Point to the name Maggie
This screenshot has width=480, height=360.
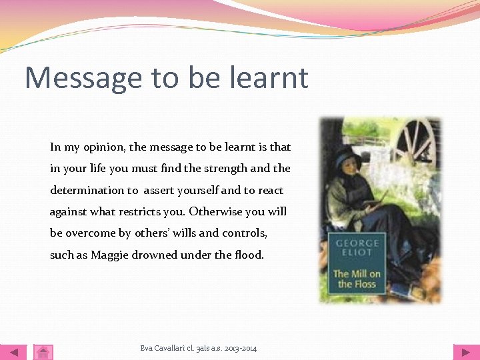(111, 255)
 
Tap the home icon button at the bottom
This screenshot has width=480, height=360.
(43, 352)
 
